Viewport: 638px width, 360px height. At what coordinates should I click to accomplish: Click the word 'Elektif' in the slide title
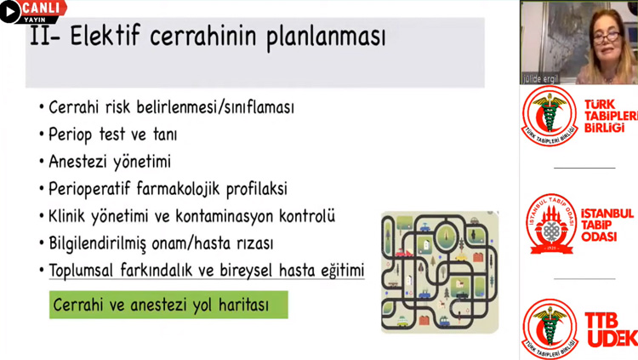tap(105, 35)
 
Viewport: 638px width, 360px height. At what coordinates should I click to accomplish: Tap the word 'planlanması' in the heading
tap(326, 37)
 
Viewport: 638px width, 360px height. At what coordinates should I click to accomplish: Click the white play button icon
tap(9, 11)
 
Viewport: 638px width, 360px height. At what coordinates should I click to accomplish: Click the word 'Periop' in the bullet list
tap(70, 134)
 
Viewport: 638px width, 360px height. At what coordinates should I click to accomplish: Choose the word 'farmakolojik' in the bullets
tap(178, 189)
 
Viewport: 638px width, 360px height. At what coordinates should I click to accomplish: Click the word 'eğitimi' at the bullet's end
tap(343, 271)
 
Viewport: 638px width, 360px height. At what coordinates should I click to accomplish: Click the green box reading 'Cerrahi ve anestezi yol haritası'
tap(168, 305)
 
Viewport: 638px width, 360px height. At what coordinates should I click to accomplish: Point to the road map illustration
tap(440, 272)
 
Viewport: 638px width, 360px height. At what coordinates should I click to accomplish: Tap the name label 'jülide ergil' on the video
tap(541, 78)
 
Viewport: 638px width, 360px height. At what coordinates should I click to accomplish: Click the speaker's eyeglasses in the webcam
tap(606, 37)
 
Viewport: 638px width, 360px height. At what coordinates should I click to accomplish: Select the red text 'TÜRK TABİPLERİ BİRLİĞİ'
tap(611, 116)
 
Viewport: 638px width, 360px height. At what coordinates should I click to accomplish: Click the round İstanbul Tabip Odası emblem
tap(551, 224)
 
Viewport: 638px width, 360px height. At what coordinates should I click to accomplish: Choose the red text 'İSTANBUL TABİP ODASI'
tap(607, 225)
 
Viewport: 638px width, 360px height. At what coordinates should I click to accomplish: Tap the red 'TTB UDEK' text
tap(611, 330)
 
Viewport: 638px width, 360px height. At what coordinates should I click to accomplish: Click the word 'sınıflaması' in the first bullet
tap(259, 107)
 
